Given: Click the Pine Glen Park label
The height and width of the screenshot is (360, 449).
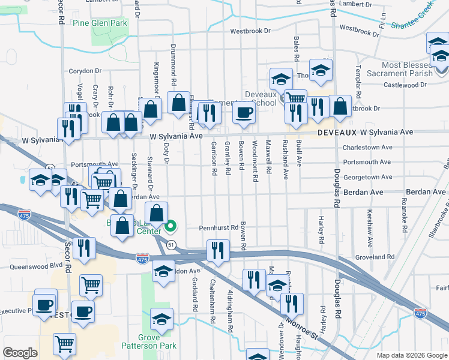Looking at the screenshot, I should click(100, 23).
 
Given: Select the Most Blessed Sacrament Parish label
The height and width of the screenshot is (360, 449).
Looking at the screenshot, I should click(408, 69).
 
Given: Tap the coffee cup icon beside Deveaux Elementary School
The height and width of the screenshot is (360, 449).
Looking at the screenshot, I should click(243, 112).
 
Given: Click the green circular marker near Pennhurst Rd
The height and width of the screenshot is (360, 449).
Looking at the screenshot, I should click(170, 226).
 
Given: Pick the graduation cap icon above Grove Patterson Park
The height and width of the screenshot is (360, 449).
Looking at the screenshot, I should click(161, 319).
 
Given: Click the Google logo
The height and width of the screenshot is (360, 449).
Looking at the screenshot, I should click(20, 353).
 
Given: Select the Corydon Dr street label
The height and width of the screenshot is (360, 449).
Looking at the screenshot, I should click(86, 71).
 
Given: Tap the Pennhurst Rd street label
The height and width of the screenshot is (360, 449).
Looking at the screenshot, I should click(219, 228).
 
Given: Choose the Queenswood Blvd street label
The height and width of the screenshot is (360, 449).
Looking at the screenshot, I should click(36, 265).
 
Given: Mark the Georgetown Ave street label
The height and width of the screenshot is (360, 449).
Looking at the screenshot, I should click(367, 178).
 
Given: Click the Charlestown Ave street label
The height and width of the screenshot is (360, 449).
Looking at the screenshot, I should click(367, 147).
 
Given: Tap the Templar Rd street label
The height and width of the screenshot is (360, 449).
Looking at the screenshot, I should click(359, 78).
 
